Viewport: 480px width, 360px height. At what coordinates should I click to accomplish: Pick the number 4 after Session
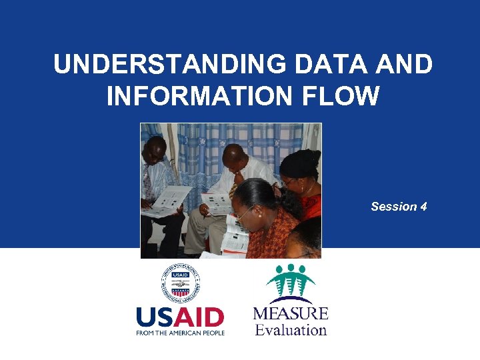point(423,207)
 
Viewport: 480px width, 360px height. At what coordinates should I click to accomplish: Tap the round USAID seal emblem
point(180,284)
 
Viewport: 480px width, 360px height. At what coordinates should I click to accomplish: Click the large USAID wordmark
point(180,317)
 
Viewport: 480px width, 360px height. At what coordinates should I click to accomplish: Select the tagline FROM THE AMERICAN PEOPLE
point(180,332)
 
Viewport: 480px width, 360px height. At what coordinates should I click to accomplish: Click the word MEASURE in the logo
point(291,313)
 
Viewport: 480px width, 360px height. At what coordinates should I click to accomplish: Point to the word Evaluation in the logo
point(291,330)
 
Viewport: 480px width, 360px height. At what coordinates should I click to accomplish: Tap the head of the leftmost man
point(155,150)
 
